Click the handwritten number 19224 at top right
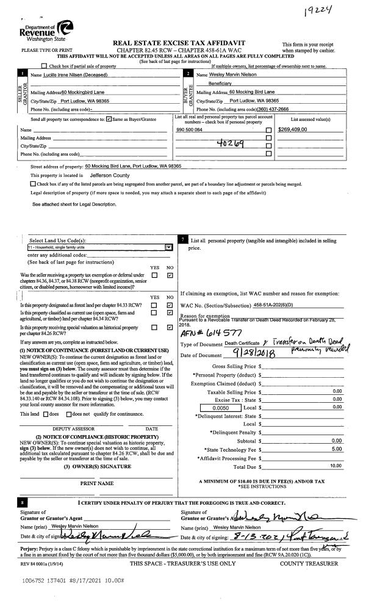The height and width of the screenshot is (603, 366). click(x=321, y=11)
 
